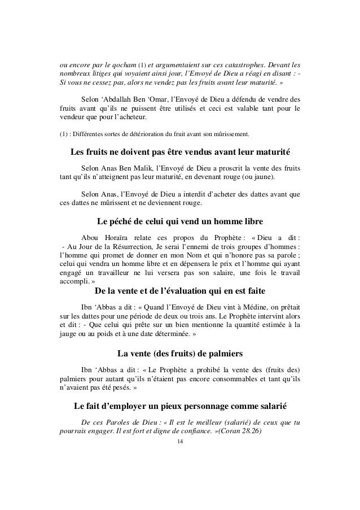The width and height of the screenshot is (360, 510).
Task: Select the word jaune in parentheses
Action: [262, 178]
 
